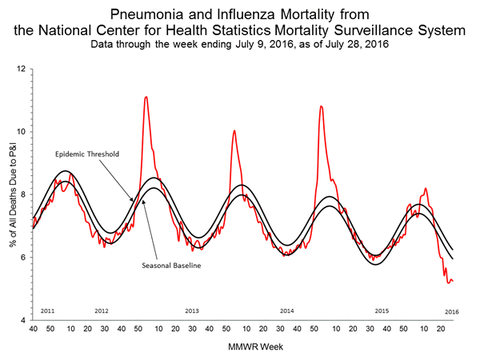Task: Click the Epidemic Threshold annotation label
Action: pyautogui.click(x=87, y=154)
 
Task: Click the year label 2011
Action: pyautogui.click(x=47, y=310)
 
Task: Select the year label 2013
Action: pyautogui.click(x=192, y=310)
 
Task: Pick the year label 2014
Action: pyautogui.click(x=286, y=310)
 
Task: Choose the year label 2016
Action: pyautogui.click(x=452, y=310)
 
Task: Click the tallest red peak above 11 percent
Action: pyautogui.click(x=146, y=97)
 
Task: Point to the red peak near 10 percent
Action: pyautogui.click(x=234, y=130)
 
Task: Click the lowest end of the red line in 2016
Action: pyautogui.click(x=449, y=282)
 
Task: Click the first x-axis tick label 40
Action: pyautogui.click(x=33, y=329)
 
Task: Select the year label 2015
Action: pyautogui.click(x=382, y=310)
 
